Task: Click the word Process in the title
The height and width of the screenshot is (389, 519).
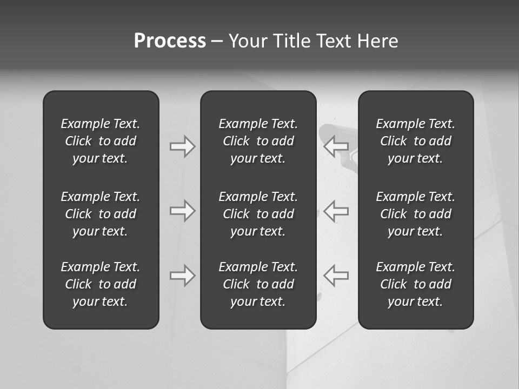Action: click(x=170, y=41)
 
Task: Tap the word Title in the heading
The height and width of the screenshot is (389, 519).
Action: click(x=291, y=41)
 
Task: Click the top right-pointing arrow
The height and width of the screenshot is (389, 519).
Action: click(x=183, y=146)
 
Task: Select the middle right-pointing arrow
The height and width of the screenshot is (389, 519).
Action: click(x=183, y=211)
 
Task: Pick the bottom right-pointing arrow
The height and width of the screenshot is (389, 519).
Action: click(x=183, y=276)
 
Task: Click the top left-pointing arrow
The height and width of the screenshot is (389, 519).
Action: click(x=336, y=146)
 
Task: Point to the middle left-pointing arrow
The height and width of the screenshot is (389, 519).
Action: click(x=336, y=211)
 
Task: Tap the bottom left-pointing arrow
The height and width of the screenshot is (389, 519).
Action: click(x=336, y=276)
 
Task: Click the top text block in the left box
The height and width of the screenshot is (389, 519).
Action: click(x=101, y=141)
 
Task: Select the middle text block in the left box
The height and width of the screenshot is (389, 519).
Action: click(x=101, y=214)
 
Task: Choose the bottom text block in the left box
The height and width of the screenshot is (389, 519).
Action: click(x=101, y=284)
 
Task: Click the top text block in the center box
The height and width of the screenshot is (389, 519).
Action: click(x=258, y=141)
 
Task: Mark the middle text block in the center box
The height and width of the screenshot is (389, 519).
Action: click(x=258, y=214)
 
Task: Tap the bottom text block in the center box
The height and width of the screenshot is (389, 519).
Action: click(x=258, y=284)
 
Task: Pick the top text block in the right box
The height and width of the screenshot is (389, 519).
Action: click(x=415, y=141)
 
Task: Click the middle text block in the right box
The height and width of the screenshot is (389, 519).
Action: click(x=415, y=214)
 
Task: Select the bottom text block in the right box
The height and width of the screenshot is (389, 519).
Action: click(x=415, y=284)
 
